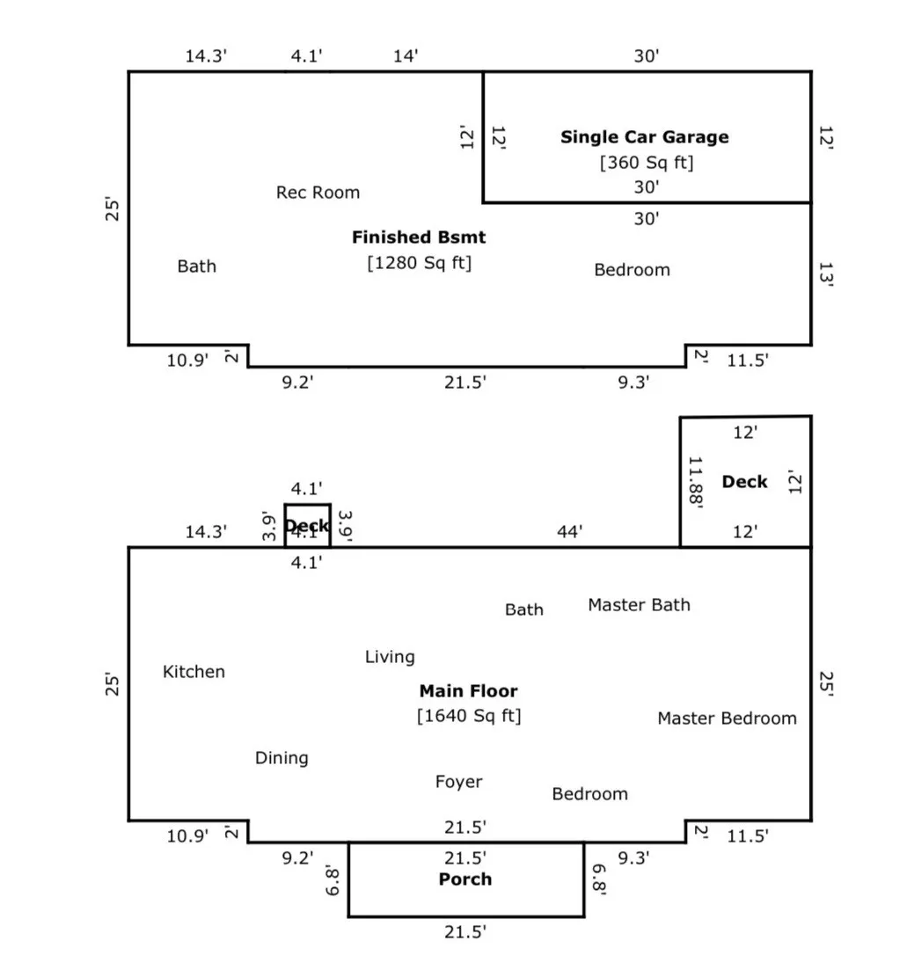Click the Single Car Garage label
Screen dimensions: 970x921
(645, 137)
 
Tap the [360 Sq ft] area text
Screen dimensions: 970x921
(647, 163)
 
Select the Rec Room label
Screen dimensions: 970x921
(318, 193)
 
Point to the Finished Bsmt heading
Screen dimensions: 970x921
(419, 237)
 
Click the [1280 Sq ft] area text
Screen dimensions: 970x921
(420, 263)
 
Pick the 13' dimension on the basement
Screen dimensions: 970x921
(824, 274)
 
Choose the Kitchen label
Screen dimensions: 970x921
(194, 672)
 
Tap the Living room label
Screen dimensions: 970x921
(390, 657)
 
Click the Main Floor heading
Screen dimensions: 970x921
(468, 691)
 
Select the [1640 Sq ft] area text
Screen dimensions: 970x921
(469, 716)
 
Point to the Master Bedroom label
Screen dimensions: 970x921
(727, 718)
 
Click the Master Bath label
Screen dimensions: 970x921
(639, 605)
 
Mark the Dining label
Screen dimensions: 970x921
(281, 758)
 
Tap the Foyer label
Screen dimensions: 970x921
(458, 782)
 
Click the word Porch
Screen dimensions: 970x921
(465, 879)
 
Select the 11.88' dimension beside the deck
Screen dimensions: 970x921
(696, 482)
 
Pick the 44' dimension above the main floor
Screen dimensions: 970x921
(570, 531)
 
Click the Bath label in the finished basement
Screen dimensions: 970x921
(196, 266)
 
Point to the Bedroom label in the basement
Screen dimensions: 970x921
(632, 270)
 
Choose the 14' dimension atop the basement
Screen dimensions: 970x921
(406, 57)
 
